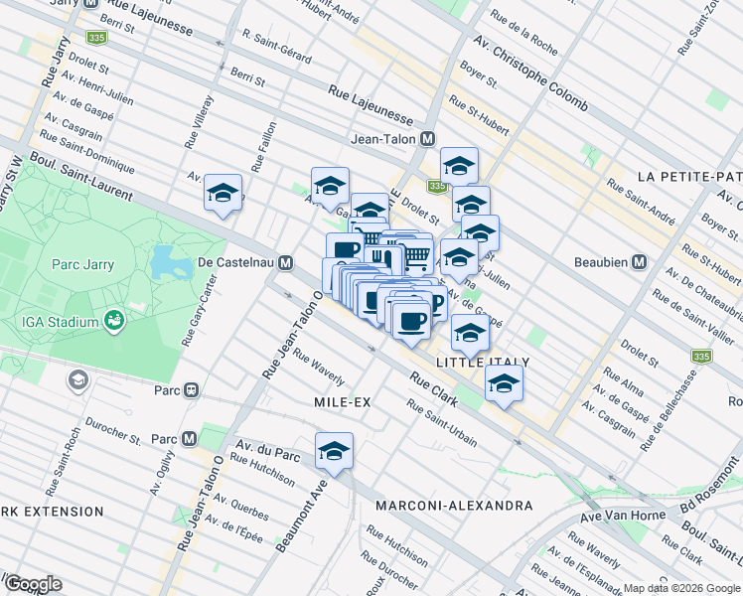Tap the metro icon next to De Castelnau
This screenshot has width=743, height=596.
tap(286, 263)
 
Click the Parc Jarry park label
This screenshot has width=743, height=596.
tap(83, 265)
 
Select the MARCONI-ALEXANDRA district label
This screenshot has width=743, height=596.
tap(454, 506)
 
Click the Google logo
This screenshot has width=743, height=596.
tap(33, 584)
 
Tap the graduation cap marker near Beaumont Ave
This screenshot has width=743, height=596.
tap(335, 450)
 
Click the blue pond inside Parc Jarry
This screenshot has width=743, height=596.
tap(164, 262)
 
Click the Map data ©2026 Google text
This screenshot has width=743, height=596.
tap(681, 588)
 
